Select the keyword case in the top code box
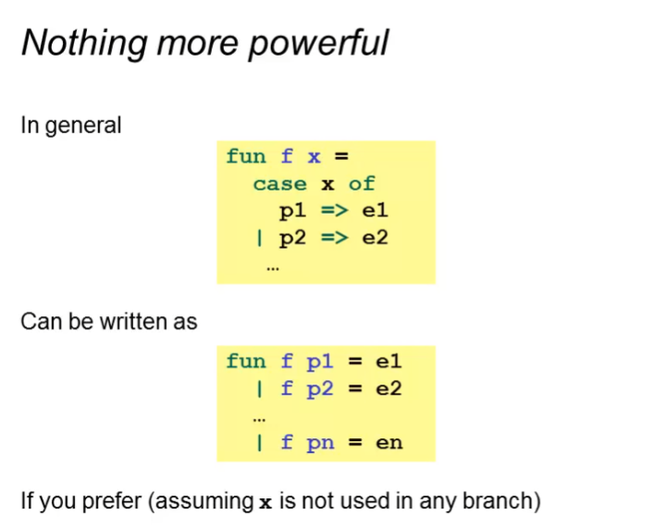[x=279, y=183]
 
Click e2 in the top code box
[x=375, y=238]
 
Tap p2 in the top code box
[x=293, y=238]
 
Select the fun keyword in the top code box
[x=245, y=156]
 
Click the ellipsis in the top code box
[x=272, y=268]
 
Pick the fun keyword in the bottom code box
[x=245, y=362]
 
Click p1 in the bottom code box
[x=320, y=362]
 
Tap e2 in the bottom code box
[x=389, y=388]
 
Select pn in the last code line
[x=320, y=443]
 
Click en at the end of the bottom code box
[x=389, y=443]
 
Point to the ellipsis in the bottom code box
[x=259, y=418]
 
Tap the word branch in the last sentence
[x=500, y=502]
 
